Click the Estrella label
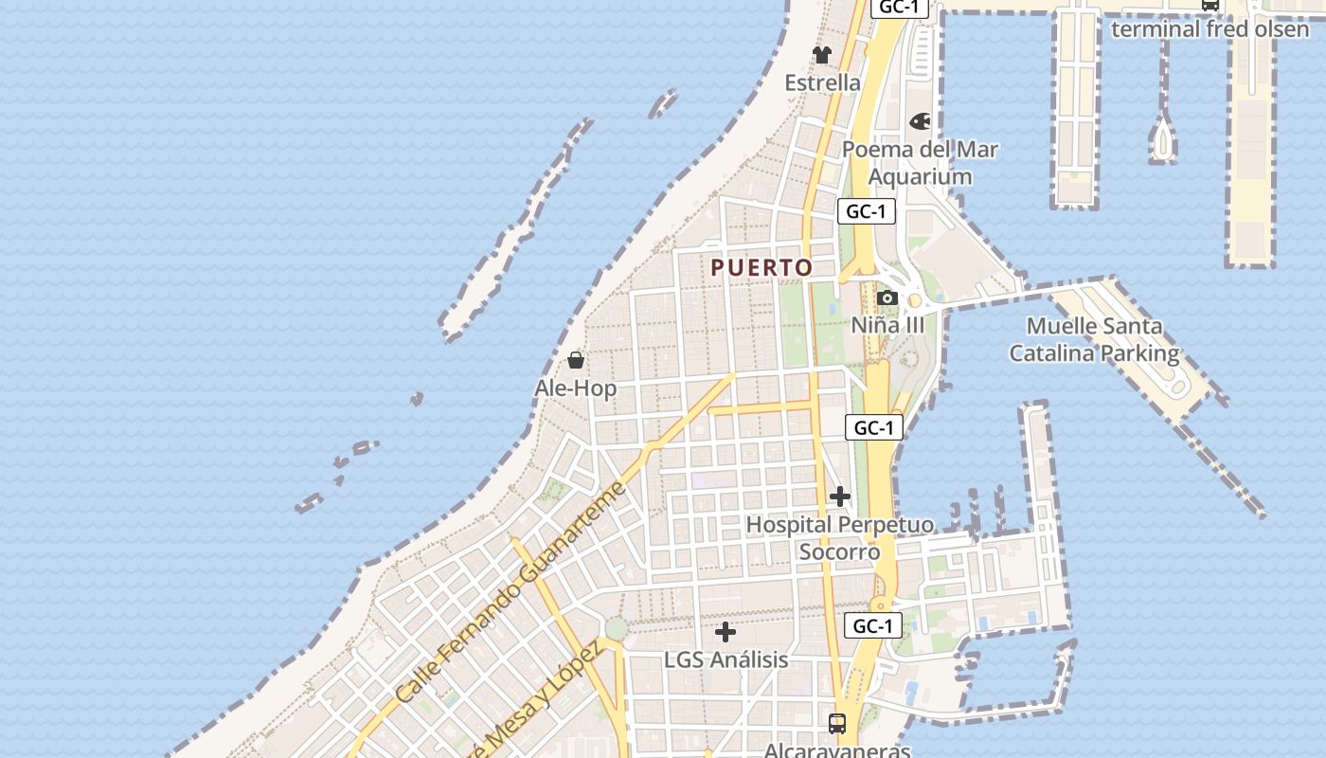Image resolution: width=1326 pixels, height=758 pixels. [822, 82]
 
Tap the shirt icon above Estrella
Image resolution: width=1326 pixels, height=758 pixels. [822, 55]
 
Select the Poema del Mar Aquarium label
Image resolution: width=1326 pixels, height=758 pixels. [920, 163]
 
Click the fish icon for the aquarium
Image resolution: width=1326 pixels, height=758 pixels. [920, 121]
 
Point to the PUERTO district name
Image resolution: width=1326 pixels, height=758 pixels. [762, 268]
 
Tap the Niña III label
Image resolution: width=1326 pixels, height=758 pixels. [887, 325]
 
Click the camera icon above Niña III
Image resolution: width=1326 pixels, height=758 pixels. [887, 298]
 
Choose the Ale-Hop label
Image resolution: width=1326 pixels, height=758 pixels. [575, 388]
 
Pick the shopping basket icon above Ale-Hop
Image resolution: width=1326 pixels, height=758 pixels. [575, 360]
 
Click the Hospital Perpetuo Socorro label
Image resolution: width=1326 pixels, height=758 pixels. [839, 537]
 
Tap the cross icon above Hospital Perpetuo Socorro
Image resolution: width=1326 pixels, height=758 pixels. [839, 496]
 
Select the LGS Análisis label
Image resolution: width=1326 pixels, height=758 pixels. [726, 659]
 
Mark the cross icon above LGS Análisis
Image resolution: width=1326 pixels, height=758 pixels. [726, 632]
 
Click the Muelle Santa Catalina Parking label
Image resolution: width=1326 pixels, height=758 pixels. [1094, 339]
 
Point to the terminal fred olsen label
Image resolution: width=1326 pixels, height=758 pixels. [1210, 28]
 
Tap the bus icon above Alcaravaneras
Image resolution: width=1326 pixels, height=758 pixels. [837, 724]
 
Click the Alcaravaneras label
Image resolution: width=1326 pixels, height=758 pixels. [837, 750]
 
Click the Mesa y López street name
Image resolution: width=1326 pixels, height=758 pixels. [545, 701]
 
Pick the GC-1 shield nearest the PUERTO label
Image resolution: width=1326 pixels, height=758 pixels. [866, 211]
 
